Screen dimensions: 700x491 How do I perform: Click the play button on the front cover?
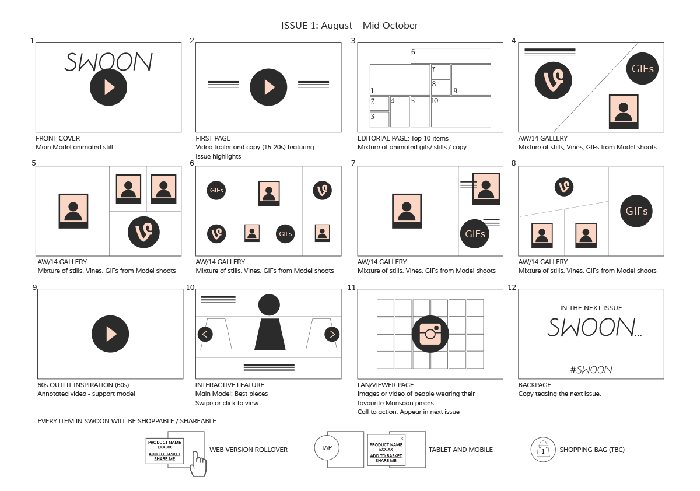(x=108, y=87)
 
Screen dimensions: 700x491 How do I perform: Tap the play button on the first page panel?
(x=268, y=87)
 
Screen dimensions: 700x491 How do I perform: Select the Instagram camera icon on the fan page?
(x=430, y=334)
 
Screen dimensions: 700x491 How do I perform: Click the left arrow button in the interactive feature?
(x=205, y=334)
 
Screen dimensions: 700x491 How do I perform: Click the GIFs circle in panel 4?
(x=642, y=68)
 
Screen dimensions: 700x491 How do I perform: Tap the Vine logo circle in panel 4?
(x=554, y=80)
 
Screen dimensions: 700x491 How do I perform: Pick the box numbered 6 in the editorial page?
(x=450, y=55)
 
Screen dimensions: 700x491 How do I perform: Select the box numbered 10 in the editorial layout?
(x=461, y=111)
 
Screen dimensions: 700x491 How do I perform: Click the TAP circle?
(x=327, y=448)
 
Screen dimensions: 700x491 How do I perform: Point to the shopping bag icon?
(x=543, y=450)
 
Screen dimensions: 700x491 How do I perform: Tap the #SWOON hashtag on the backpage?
(x=591, y=370)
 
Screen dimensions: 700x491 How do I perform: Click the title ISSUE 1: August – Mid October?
(x=349, y=25)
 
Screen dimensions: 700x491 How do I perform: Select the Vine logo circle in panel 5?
(x=143, y=232)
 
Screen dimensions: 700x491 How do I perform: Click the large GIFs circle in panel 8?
(x=636, y=211)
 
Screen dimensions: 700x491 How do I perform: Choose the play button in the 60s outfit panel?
(x=110, y=334)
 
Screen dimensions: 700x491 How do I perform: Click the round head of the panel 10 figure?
(x=269, y=304)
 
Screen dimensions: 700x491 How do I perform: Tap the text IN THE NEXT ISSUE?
(x=591, y=308)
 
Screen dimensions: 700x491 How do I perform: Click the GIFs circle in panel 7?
(x=475, y=234)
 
